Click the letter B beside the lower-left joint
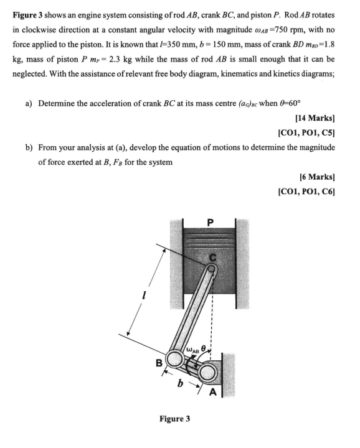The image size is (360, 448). click(159, 362)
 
